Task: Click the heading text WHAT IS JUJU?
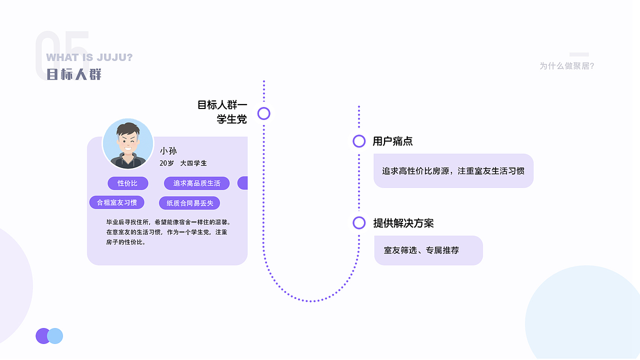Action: (x=89, y=57)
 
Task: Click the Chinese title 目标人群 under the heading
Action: (x=74, y=74)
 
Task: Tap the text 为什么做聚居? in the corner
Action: (x=566, y=65)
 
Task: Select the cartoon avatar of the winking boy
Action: (x=128, y=143)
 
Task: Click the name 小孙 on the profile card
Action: (x=168, y=150)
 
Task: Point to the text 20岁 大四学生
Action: (x=183, y=163)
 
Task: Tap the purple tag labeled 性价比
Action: (x=127, y=183)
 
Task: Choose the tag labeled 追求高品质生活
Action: (x=196, y=183)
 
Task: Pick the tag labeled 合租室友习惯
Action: (x=117, y=202)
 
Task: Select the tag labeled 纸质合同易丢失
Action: (x=189, y=203)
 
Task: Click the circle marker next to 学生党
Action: (x=264, y=113)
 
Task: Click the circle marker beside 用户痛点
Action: (x=359, y=141)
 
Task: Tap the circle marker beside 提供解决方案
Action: (x=359, y=223)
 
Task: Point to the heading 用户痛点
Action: (x=392, y=141)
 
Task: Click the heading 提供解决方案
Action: (x=403, y=223)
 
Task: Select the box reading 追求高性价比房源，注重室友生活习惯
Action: (x=453, y=171)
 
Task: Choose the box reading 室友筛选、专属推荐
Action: (x=428, y=250)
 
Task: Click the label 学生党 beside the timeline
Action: (x=231, y=119)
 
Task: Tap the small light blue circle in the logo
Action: (x=55, y=336)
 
